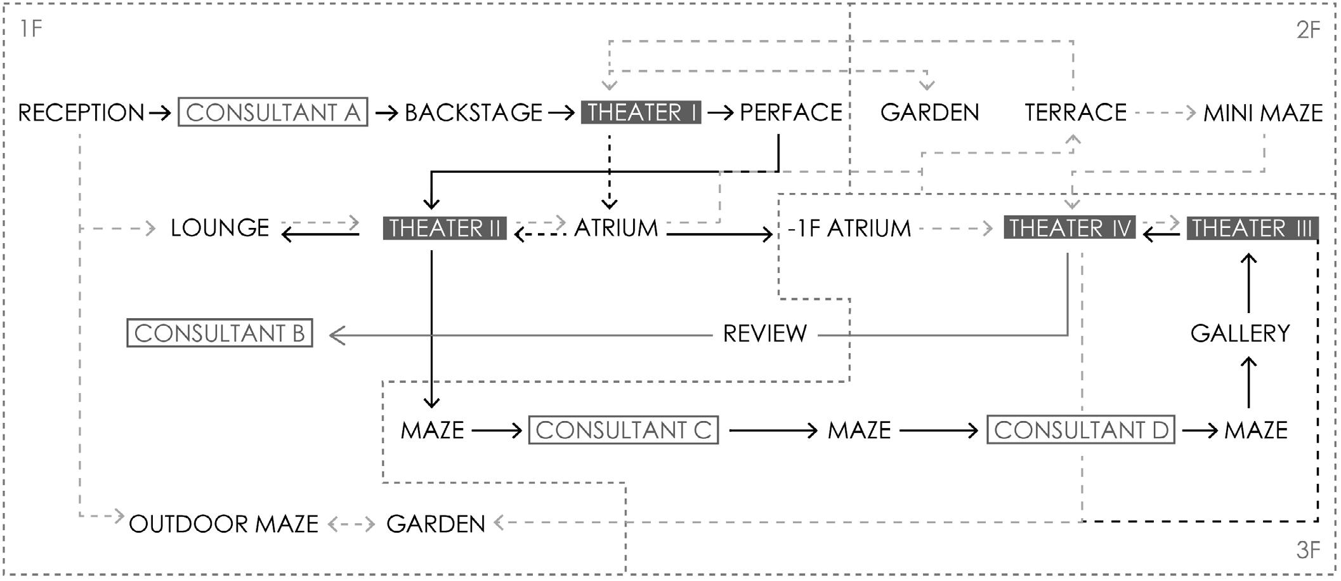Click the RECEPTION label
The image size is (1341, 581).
tap(81, 113)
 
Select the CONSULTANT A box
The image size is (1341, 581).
tap(273, 112)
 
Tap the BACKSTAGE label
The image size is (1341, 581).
tap(473, 113)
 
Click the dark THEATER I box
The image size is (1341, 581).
tap(641, 112)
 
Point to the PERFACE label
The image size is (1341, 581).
tap(790, 113)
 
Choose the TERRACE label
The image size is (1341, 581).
tap(1075, 113)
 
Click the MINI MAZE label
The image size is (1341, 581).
tap(1263, 114)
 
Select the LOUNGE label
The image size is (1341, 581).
tap(219, 228)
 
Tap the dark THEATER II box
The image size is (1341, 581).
tap(445, 228)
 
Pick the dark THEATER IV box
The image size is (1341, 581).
tap(1069, 228)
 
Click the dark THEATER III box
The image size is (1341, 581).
tap(1252, 228)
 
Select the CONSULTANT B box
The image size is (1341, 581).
tap(219, 333)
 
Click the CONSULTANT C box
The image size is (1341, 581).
tap(623, 431)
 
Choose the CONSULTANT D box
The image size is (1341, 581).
tap(1081, 431)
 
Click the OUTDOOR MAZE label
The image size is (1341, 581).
tap(223, 524)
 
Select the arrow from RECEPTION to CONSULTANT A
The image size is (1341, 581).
tap(160, 113)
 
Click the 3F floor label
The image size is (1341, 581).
tap(1308, 551)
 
